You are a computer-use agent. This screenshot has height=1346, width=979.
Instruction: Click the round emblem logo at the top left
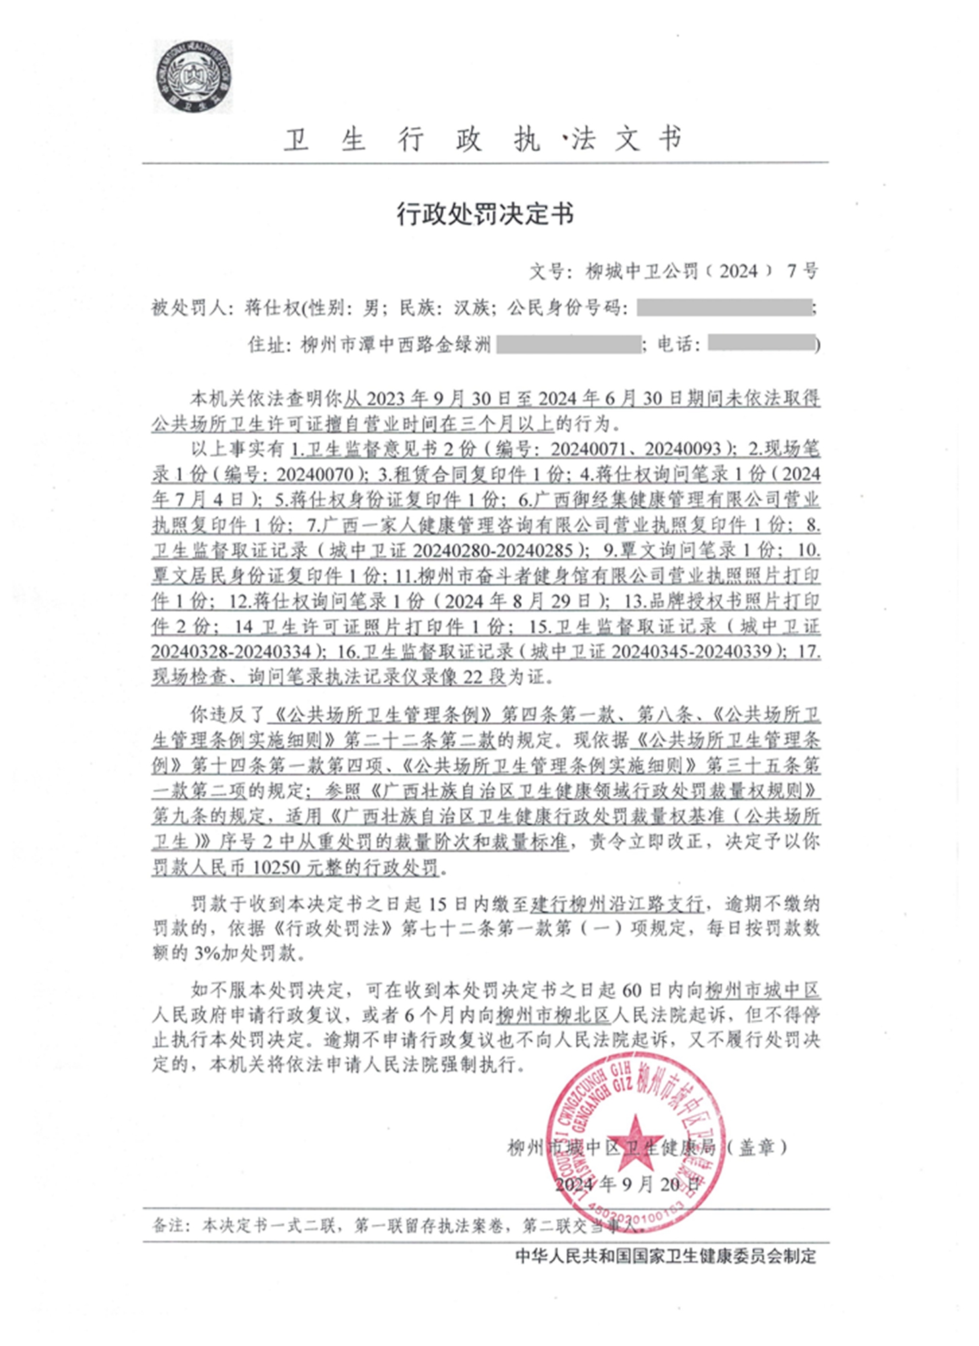coord(193,76)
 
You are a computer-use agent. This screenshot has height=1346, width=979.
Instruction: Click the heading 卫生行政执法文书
coord(483,139)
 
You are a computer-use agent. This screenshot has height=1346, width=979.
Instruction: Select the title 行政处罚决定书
coord(485,214)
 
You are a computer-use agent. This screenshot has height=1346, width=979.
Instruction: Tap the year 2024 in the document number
coord(739,271)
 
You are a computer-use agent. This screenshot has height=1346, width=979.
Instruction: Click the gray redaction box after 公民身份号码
coord(723,308)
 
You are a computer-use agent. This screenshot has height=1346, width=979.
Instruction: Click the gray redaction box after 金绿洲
coord(568,345)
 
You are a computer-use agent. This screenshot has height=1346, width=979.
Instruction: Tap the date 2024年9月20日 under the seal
coord(623,1184)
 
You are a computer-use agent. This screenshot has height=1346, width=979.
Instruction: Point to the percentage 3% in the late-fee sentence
coord(206,954)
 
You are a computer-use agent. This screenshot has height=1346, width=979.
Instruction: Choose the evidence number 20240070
coord(315,474)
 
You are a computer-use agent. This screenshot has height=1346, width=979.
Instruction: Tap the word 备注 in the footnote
coord(168,1225)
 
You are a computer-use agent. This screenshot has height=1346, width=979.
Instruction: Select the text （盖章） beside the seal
coord(757,1147)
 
